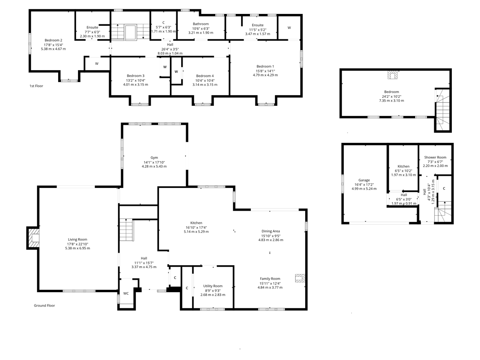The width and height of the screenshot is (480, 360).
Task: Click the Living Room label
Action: [x=77, y=239]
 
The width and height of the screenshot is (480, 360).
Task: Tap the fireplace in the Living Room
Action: [x=33, y=238]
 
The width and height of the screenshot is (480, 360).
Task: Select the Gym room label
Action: [x=154, y=157]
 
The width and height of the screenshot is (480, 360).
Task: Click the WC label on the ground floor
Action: [x=126, y=293]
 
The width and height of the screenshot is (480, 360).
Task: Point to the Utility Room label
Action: [x=213, y=286]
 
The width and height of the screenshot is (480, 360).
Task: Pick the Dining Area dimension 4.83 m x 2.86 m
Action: [x=271, y=240]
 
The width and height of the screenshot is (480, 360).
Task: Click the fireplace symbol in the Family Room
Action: [x=300, y=278]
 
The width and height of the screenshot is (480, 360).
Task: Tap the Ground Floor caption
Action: [x=44, y=305]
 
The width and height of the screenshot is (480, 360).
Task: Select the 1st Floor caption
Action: [x=36, y=86]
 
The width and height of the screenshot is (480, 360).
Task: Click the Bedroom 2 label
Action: [x=53, y=40]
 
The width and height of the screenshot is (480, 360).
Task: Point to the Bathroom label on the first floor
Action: [x=201, y=24]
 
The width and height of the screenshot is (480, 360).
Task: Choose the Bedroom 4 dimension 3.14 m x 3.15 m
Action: [x=205, y=85]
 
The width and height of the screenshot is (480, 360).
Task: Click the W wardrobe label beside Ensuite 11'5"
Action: [x=289, y=28]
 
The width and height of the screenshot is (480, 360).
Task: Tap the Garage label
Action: [x=364, y=180]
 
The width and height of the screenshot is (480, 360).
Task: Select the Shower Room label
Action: [x=435, y=157]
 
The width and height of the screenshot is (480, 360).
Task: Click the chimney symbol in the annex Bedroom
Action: [x=393, y=75]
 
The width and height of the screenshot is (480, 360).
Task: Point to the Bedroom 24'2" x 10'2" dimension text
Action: [x=391, y=96]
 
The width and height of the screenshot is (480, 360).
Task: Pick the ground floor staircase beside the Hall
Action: [x=126, y=229]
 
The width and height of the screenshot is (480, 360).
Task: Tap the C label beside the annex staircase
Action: [x=444, y=188]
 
